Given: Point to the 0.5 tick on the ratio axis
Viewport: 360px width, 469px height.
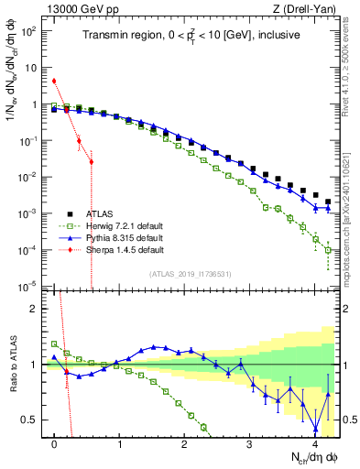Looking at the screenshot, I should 33,420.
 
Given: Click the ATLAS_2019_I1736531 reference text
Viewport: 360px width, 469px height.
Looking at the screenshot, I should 195,274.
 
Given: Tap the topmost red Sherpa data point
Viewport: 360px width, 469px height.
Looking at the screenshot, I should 54,81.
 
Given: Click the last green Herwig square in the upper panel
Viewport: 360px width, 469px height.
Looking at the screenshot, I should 328,249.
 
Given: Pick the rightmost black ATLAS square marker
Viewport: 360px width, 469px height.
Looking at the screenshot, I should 328,202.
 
